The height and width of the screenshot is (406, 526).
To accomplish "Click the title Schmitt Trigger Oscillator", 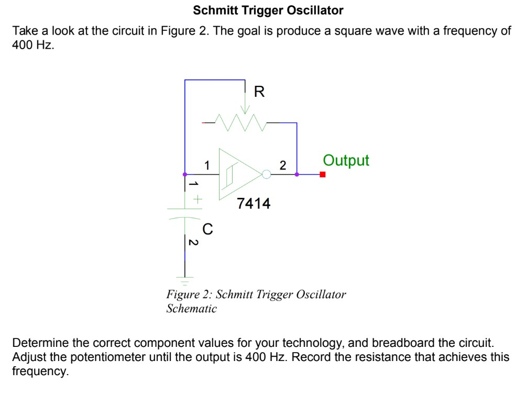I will pyautogui.click(x=268, y=10).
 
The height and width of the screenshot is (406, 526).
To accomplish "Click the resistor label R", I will pyautogui.click(x=259, y=93).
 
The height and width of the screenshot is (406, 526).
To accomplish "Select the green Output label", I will pyautogui.click(x=346, y=160).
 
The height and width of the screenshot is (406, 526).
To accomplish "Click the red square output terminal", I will pyautogui.click(x=323, y=175).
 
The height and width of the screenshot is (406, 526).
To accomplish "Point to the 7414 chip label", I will pyautogui.click(x=254, y=204).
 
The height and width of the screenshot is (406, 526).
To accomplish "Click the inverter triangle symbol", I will pyautogui.click(x=238, y=174).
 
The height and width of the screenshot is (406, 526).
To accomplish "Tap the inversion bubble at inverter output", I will pyautogui.click(x=266, y=174).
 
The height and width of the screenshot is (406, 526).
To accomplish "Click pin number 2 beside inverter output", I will pyautogui.click(x=283, y=166).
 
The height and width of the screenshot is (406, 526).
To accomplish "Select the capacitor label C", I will pyautogui.click(x=207, y=229).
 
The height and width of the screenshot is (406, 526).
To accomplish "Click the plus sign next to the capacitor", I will pyautogui.click(x=198, y=199).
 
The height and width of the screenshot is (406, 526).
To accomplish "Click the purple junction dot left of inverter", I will pyautogui.click(x=184, y=174).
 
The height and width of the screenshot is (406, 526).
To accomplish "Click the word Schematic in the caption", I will pyautogui.click(x=191, y=309).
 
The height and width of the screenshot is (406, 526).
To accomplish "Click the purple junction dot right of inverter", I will pyautogui.click(x=297, y=174).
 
